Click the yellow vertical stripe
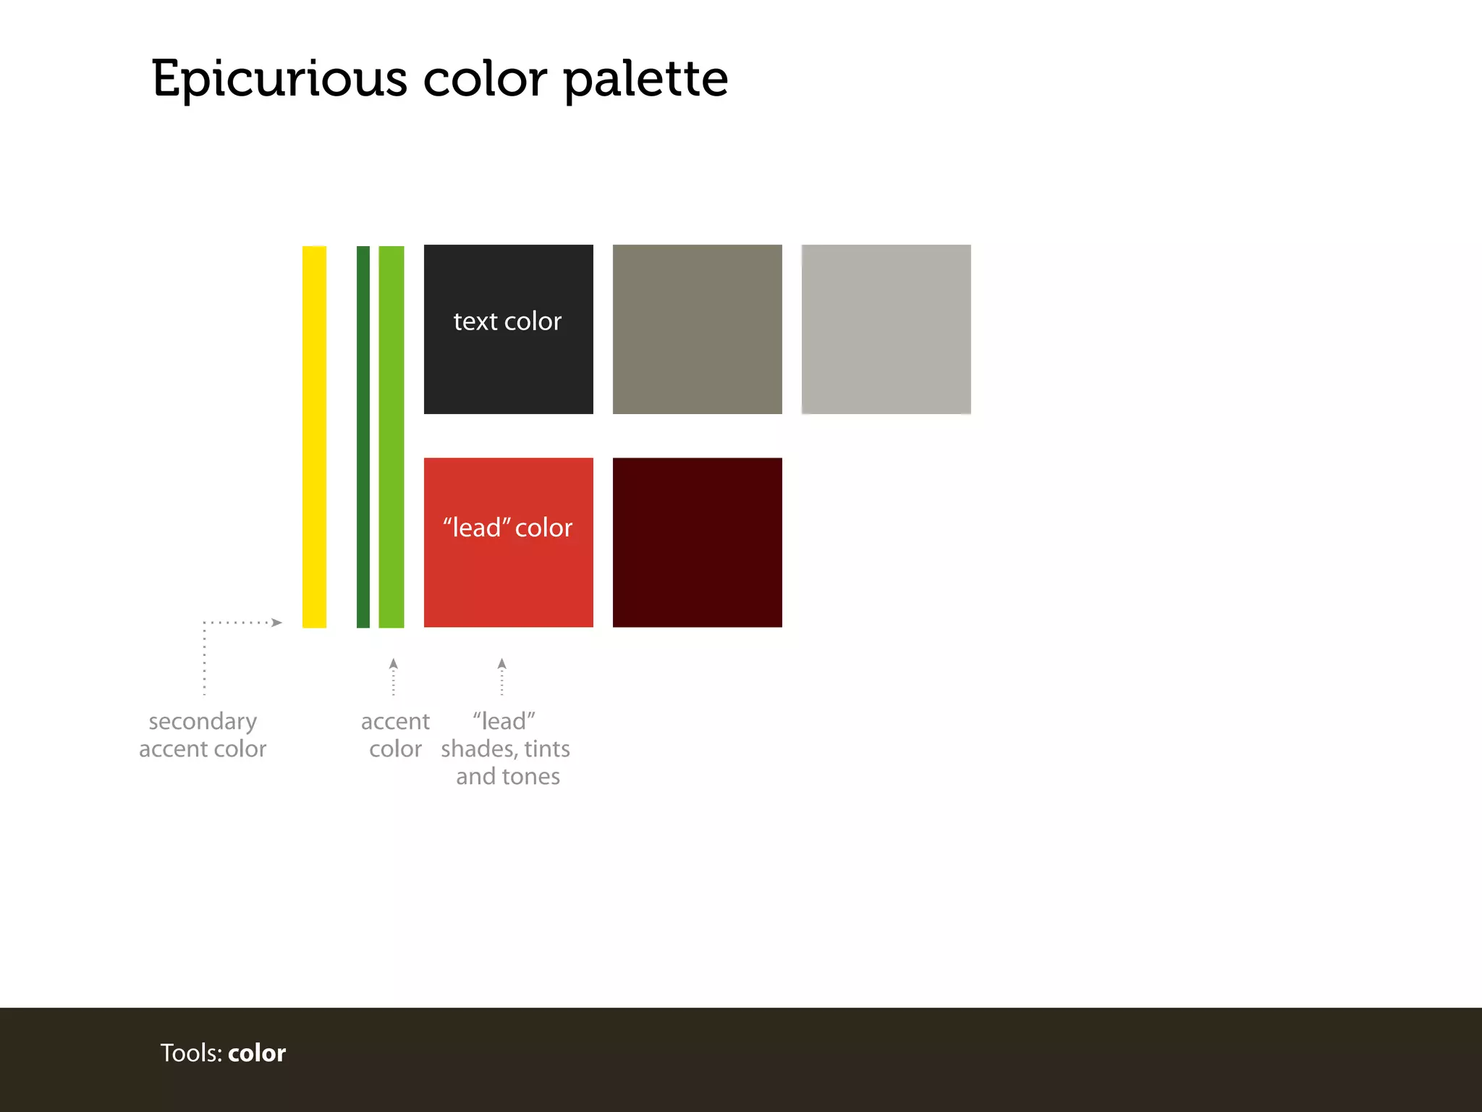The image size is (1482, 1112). (314, 437)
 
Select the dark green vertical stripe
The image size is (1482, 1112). (363, 437)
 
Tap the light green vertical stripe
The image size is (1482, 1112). (391, 437)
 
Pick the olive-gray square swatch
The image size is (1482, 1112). (697, 329)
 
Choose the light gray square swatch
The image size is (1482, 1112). (886, 329)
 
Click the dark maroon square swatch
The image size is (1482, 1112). (697, 542)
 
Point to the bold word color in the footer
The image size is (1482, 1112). (257, 1053)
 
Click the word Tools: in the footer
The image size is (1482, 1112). (191, 1053)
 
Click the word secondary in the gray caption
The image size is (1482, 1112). (203, 722)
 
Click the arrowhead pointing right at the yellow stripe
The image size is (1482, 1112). (276, 622)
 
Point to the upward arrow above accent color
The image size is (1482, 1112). (393, 664)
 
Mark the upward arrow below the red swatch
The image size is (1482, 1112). (501, 664)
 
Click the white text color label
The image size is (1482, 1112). (507, 321)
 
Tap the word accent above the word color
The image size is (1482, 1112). (395, 722)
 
